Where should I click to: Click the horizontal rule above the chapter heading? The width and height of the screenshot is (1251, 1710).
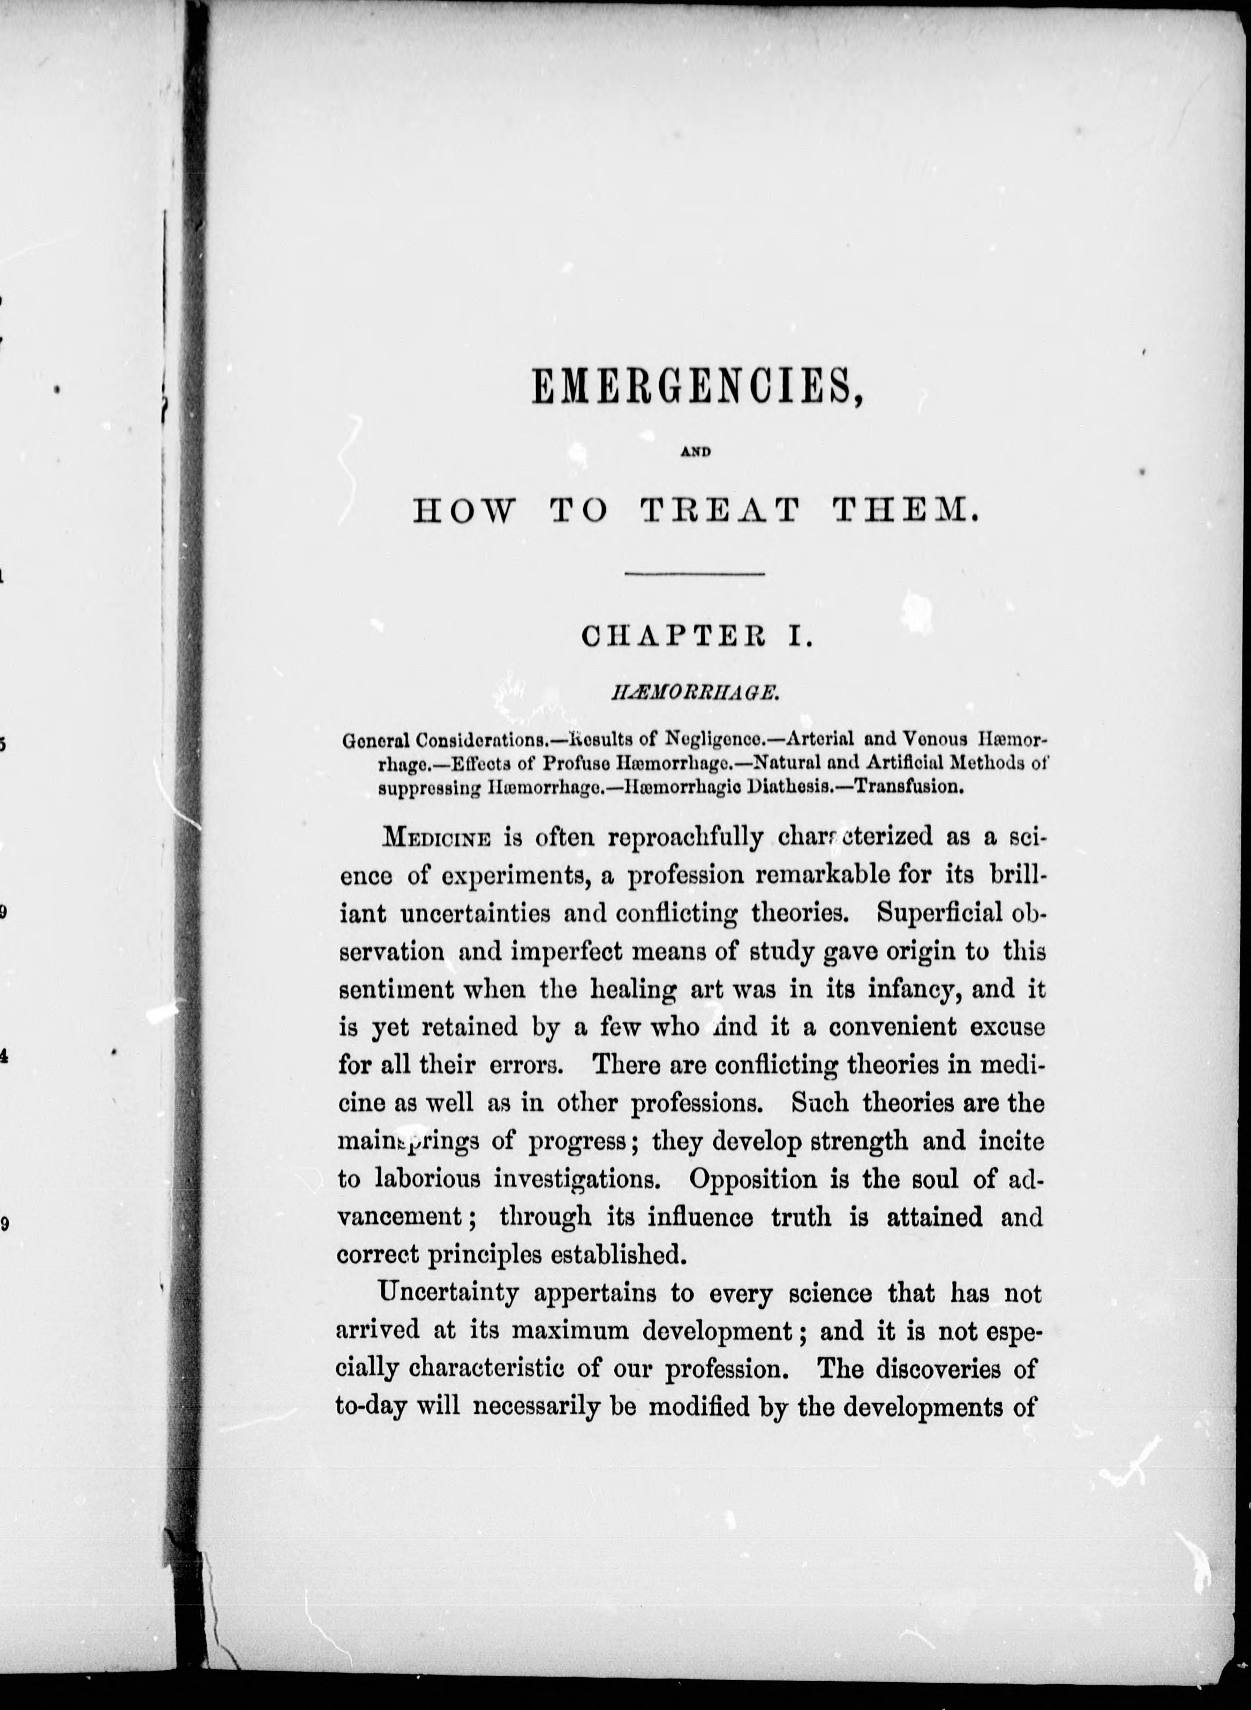pos(695,575)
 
